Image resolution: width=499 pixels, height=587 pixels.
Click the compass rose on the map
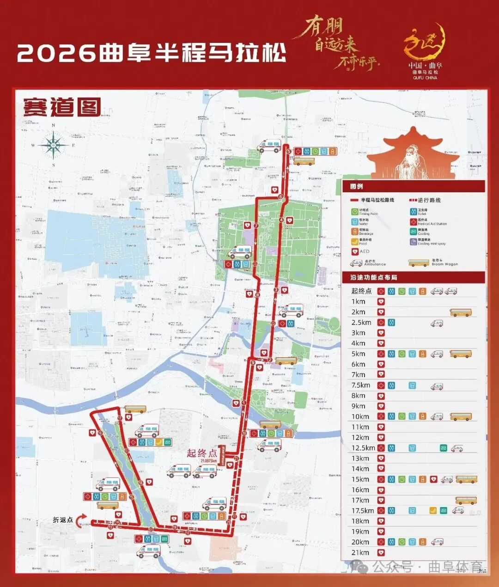click(54, 145)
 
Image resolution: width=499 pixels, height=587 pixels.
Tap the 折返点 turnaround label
click(63, 520)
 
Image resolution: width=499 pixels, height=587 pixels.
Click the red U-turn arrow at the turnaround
click(82, 520)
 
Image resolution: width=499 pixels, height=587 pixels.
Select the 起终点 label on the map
click(201, 453)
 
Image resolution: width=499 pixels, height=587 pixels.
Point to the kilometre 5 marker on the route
click(288, 151)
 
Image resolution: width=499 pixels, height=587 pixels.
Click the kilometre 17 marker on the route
click(120, 418)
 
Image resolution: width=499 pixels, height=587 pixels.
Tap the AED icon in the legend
click(355, 251)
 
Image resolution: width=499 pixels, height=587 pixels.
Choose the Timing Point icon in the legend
click(355, 212)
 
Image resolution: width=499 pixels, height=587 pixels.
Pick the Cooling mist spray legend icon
click(413, 241)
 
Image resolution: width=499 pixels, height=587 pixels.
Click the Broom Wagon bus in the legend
click(419, 263)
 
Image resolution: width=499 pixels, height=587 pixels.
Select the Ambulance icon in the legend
click(356, 263)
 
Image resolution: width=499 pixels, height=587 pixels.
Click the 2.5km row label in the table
click(361, 323)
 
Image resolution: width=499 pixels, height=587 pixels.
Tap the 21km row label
click(360, 552)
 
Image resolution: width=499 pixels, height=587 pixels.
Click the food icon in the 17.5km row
click(433, 511)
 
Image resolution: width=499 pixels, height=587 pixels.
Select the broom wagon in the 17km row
click(466, 500)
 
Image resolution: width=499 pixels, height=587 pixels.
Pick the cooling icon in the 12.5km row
click(444, 448)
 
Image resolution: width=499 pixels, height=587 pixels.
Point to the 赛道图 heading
click(62, 107)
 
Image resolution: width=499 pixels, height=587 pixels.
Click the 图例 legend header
click(356, 186)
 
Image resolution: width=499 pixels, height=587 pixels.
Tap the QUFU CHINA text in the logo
click(425, 78)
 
